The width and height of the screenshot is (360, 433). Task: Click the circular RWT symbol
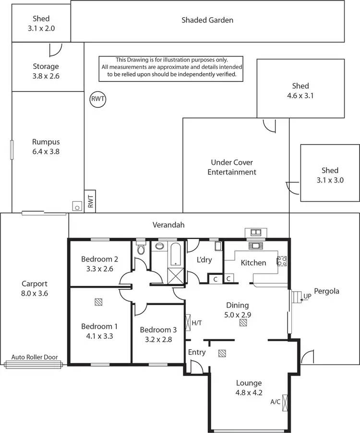(x=98, y=100)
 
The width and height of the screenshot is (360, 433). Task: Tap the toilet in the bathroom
(x=141, y=250)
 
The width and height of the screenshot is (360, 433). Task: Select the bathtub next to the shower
(x=175, y=253)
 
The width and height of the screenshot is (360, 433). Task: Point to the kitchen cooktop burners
(x=282, y=261)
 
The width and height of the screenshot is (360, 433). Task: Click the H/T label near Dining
(x=197, y=323)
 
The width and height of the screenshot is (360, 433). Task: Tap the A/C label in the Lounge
(x=275, y=402)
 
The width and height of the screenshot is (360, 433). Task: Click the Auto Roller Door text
(x=34, y=357)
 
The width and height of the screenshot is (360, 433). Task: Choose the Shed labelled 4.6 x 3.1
(x=300, y=91)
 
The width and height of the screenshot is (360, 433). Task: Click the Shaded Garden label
(x=207, y=20)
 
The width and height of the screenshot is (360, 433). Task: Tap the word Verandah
(x=168, y=225)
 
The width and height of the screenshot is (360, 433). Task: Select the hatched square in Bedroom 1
(x=98, y=302)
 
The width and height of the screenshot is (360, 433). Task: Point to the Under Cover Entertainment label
(x=232, y=167)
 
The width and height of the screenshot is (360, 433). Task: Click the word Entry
(x=197, y=352)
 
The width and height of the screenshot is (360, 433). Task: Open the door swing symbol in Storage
(x=56, y=49)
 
